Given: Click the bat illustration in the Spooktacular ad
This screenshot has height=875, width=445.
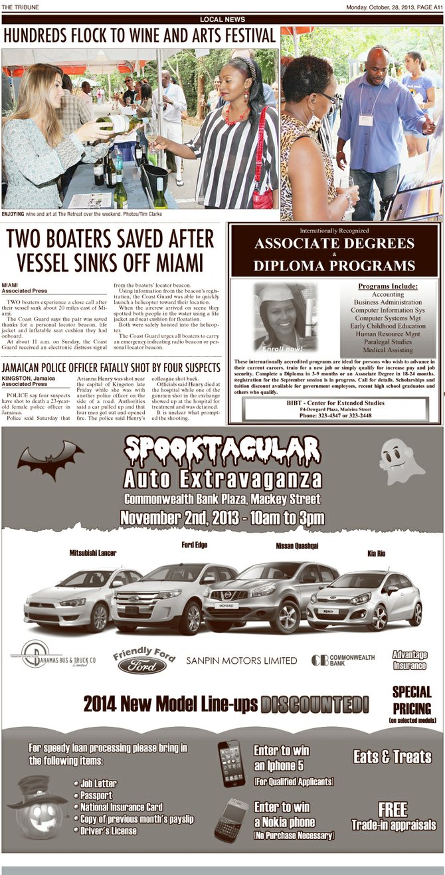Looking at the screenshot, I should click(50, 459).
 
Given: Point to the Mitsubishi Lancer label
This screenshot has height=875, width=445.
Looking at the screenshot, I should click(93, 553).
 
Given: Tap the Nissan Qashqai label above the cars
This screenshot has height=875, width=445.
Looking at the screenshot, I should click(297, 545).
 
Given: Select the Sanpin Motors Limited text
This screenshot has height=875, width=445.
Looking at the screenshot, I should click(241, 660).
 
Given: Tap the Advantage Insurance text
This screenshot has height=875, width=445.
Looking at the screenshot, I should click(409, 660).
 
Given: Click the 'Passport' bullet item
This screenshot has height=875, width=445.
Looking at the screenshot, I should click(96, 795).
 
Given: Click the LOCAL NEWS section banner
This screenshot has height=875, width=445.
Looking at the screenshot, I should click(222, 20).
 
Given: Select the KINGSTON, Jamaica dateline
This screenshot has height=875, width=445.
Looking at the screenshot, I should click(29, 378).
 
